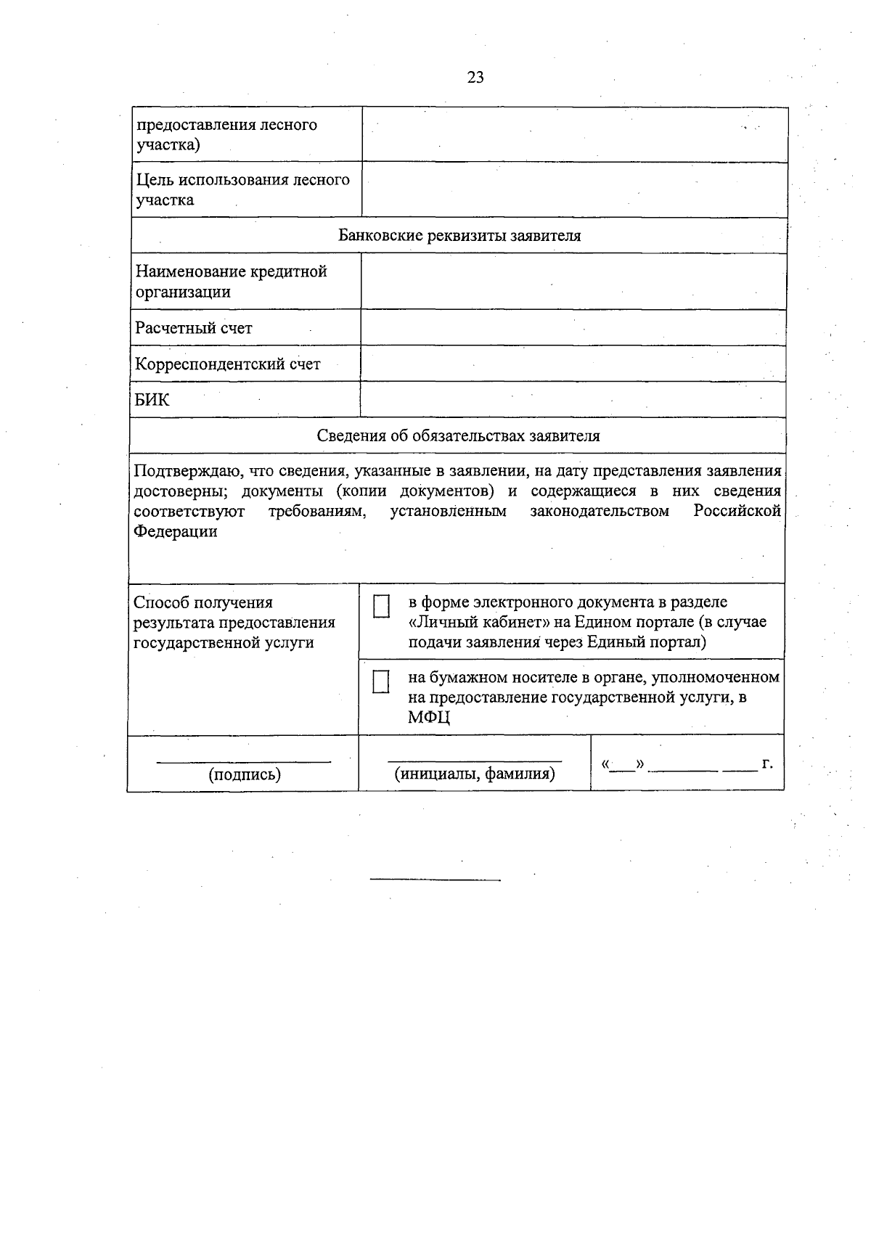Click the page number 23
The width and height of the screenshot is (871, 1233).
pos(475,78)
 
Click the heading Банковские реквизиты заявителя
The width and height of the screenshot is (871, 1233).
pos(459,236)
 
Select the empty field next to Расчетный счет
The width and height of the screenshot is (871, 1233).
pos(573,328)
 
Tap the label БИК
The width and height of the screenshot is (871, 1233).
pos(152,400)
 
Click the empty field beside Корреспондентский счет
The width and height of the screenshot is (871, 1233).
pos(573,364)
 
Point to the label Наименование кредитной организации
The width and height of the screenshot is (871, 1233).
pos(231,282)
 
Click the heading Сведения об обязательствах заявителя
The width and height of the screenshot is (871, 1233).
pos(458,435)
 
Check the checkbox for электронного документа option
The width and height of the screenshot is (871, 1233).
pos(381,606)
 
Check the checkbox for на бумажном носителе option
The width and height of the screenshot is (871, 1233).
pos(380,681)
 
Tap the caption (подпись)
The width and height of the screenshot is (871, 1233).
pos(245,774)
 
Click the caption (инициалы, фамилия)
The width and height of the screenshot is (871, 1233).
pos(475,774)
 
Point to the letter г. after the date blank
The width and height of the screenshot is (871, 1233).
pos(767,764)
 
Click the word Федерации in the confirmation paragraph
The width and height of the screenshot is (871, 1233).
pos(176,531)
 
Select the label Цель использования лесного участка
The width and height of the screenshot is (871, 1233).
pos(242,189)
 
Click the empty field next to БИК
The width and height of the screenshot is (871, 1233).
pos(573,400)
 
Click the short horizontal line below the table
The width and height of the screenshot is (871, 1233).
pos(435,880)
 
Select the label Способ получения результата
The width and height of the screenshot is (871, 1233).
pos(234,622)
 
